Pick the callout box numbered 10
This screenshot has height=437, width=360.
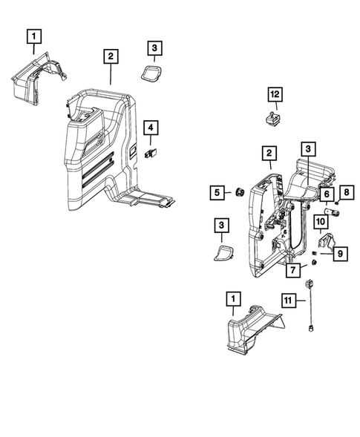point(322,221)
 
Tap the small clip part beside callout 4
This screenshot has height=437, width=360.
point(154,154)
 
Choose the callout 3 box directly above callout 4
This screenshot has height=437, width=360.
point(154,49)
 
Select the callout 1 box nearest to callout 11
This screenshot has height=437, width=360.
point(233,298)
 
